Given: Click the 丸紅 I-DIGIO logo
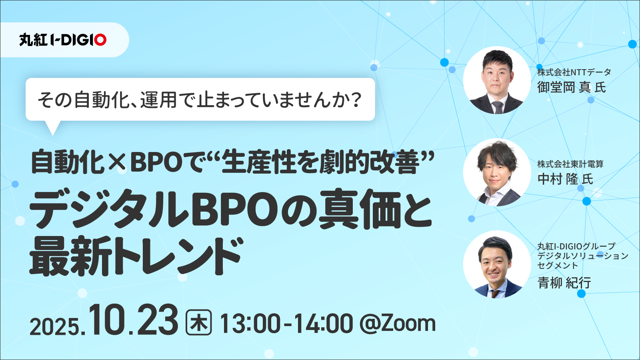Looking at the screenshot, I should point(63,40).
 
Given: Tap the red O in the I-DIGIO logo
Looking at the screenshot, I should point(100,40).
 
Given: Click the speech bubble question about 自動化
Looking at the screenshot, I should point(200,100).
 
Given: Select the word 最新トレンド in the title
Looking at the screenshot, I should point(136,256).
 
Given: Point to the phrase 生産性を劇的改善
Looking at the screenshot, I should point(320,163).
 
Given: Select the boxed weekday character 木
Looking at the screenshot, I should point(199,323).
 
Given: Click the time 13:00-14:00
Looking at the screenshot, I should point(286,324).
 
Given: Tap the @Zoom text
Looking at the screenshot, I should point(398,324).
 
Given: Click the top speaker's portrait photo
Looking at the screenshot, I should point(497,80).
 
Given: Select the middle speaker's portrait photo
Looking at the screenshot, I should point(497,172).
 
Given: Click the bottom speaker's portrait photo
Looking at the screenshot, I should point(497,264).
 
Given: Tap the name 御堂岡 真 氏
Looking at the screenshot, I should point(572,87).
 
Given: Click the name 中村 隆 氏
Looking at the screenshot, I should point(565,179).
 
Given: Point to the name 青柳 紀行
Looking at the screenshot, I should point(564,283).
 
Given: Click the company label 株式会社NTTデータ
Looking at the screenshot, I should point(574,72).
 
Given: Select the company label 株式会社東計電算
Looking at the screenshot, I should point(570,164).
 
